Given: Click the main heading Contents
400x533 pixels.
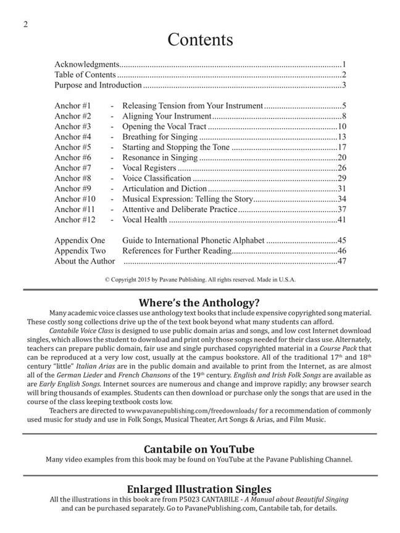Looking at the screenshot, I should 200,39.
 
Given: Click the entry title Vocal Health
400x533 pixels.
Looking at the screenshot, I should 144,220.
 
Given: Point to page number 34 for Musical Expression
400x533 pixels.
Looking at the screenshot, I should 341,199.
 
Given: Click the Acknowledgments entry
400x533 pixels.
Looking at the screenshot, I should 86,64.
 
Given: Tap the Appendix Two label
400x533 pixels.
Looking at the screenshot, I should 80,251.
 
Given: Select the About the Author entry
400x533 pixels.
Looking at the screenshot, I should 85,262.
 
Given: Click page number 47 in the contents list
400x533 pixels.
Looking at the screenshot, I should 341,262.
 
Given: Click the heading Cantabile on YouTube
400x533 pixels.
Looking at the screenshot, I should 199,449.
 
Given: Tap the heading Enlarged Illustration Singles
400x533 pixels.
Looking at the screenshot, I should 199,490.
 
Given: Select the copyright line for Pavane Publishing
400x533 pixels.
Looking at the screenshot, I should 200,279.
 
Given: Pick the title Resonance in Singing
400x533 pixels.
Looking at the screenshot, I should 160,157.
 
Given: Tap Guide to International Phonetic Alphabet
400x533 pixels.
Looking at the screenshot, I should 193,241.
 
